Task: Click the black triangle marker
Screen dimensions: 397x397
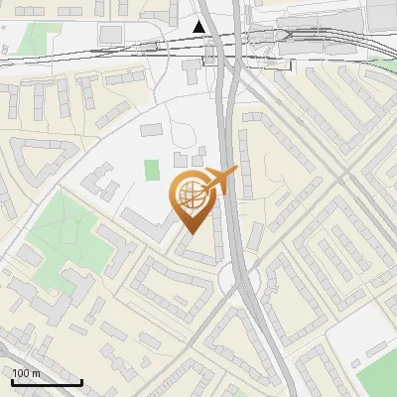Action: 200,26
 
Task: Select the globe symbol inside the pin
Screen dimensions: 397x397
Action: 192,197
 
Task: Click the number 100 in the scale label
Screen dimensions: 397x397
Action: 21,373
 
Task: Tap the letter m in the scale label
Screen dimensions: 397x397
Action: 36,373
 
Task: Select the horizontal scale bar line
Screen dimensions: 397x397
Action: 46,383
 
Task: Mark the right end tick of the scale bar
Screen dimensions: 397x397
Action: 81,381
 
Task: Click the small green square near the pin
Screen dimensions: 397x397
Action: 151,170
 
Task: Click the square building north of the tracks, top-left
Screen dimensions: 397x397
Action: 109,35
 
